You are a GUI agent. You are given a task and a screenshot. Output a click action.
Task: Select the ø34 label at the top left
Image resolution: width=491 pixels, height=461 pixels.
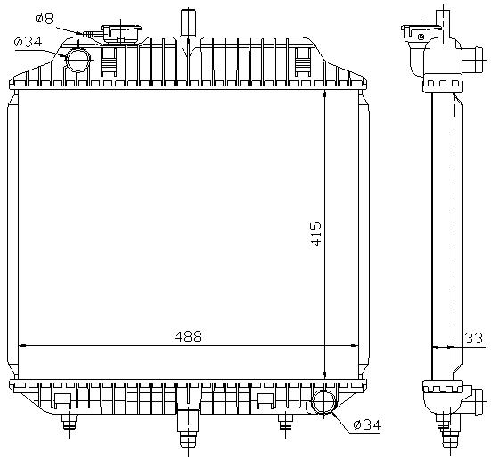click(x=29, y=40)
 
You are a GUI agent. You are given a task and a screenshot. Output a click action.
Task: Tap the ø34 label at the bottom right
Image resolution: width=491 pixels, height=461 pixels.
click(x=365, y=424)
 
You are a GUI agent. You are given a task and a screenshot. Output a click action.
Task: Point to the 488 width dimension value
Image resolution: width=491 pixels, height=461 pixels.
click(x=188, y=336)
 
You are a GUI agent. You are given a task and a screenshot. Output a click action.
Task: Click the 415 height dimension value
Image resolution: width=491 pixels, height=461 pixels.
click(x=316, y=234)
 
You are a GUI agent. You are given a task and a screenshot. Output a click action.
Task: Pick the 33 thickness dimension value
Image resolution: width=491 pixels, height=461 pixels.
click(x=475, y=338)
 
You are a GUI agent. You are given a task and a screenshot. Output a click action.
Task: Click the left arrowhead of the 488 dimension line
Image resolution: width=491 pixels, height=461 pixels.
click(x=22, y=345)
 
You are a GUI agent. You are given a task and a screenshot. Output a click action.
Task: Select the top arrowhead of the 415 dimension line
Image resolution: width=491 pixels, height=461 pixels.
click(x=326, y=94)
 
